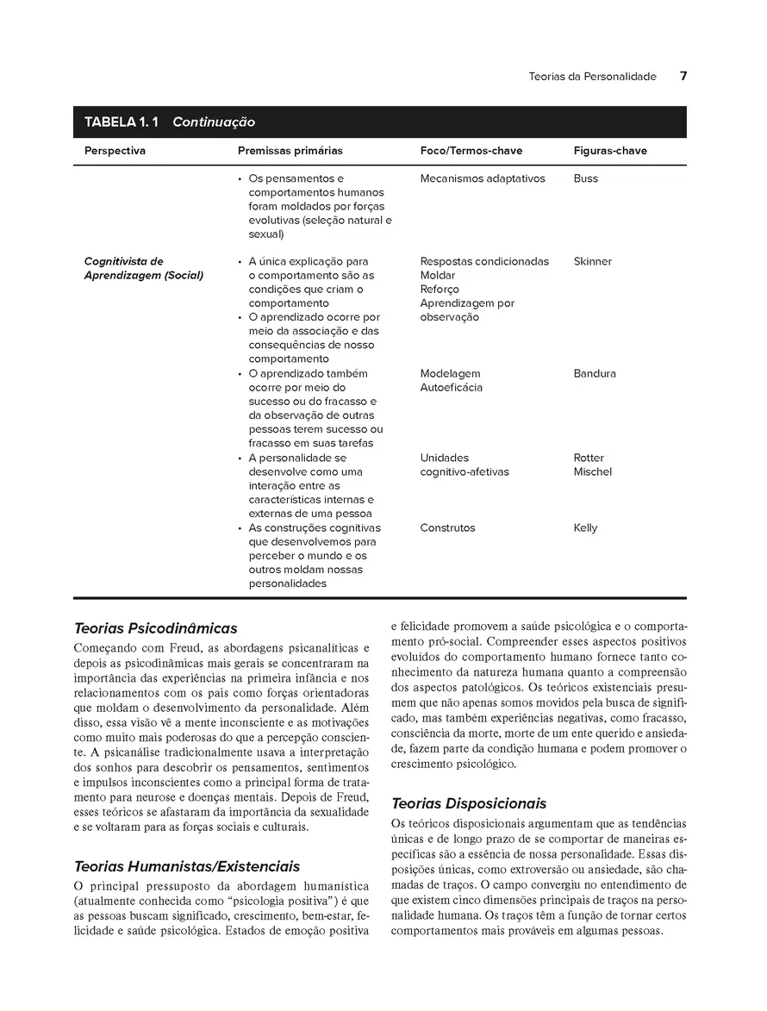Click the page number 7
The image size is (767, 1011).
(x=683, y=76)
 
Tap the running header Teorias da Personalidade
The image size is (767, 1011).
(x=592, y=77)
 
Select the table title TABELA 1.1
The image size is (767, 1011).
(x=122, y=122)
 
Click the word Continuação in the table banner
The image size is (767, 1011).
(x=214, y=122)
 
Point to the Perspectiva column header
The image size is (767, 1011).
(x=115, y=151)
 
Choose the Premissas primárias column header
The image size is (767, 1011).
(x=290, y=151)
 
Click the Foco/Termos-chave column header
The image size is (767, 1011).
(x=471, y=151)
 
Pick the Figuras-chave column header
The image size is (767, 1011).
(x=610, y=151)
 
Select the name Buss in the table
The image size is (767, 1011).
(x=585, y=178)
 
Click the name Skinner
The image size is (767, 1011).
(x=593, y=261)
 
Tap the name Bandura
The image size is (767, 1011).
(x=595, y=373)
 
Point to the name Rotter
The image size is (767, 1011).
(x=589, y=458)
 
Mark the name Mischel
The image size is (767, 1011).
(x=593, y=471)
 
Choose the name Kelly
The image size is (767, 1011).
(x=585, y=527)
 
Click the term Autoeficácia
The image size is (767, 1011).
(x=452, y=387)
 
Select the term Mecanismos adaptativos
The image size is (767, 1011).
(x=483, y=178)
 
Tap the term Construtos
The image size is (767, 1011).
(x=447, y=527)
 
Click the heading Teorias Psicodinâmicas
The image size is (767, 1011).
(x=156, y=628)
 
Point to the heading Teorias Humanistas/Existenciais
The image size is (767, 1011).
(x=187, y=866)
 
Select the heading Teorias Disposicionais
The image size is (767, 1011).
(x=469, y=803)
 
